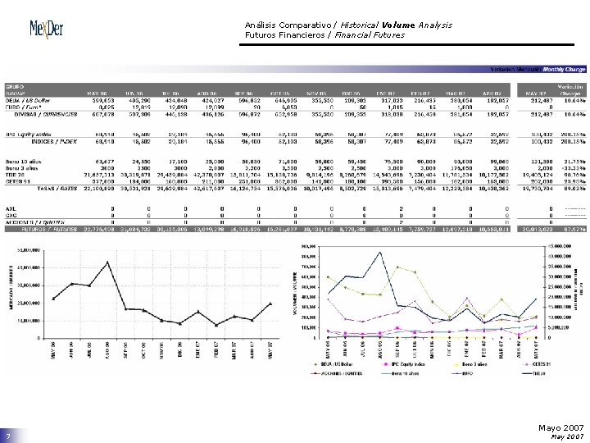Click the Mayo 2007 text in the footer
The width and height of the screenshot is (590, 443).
click(563, 427)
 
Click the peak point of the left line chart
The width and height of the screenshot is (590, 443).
click(108, 262)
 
